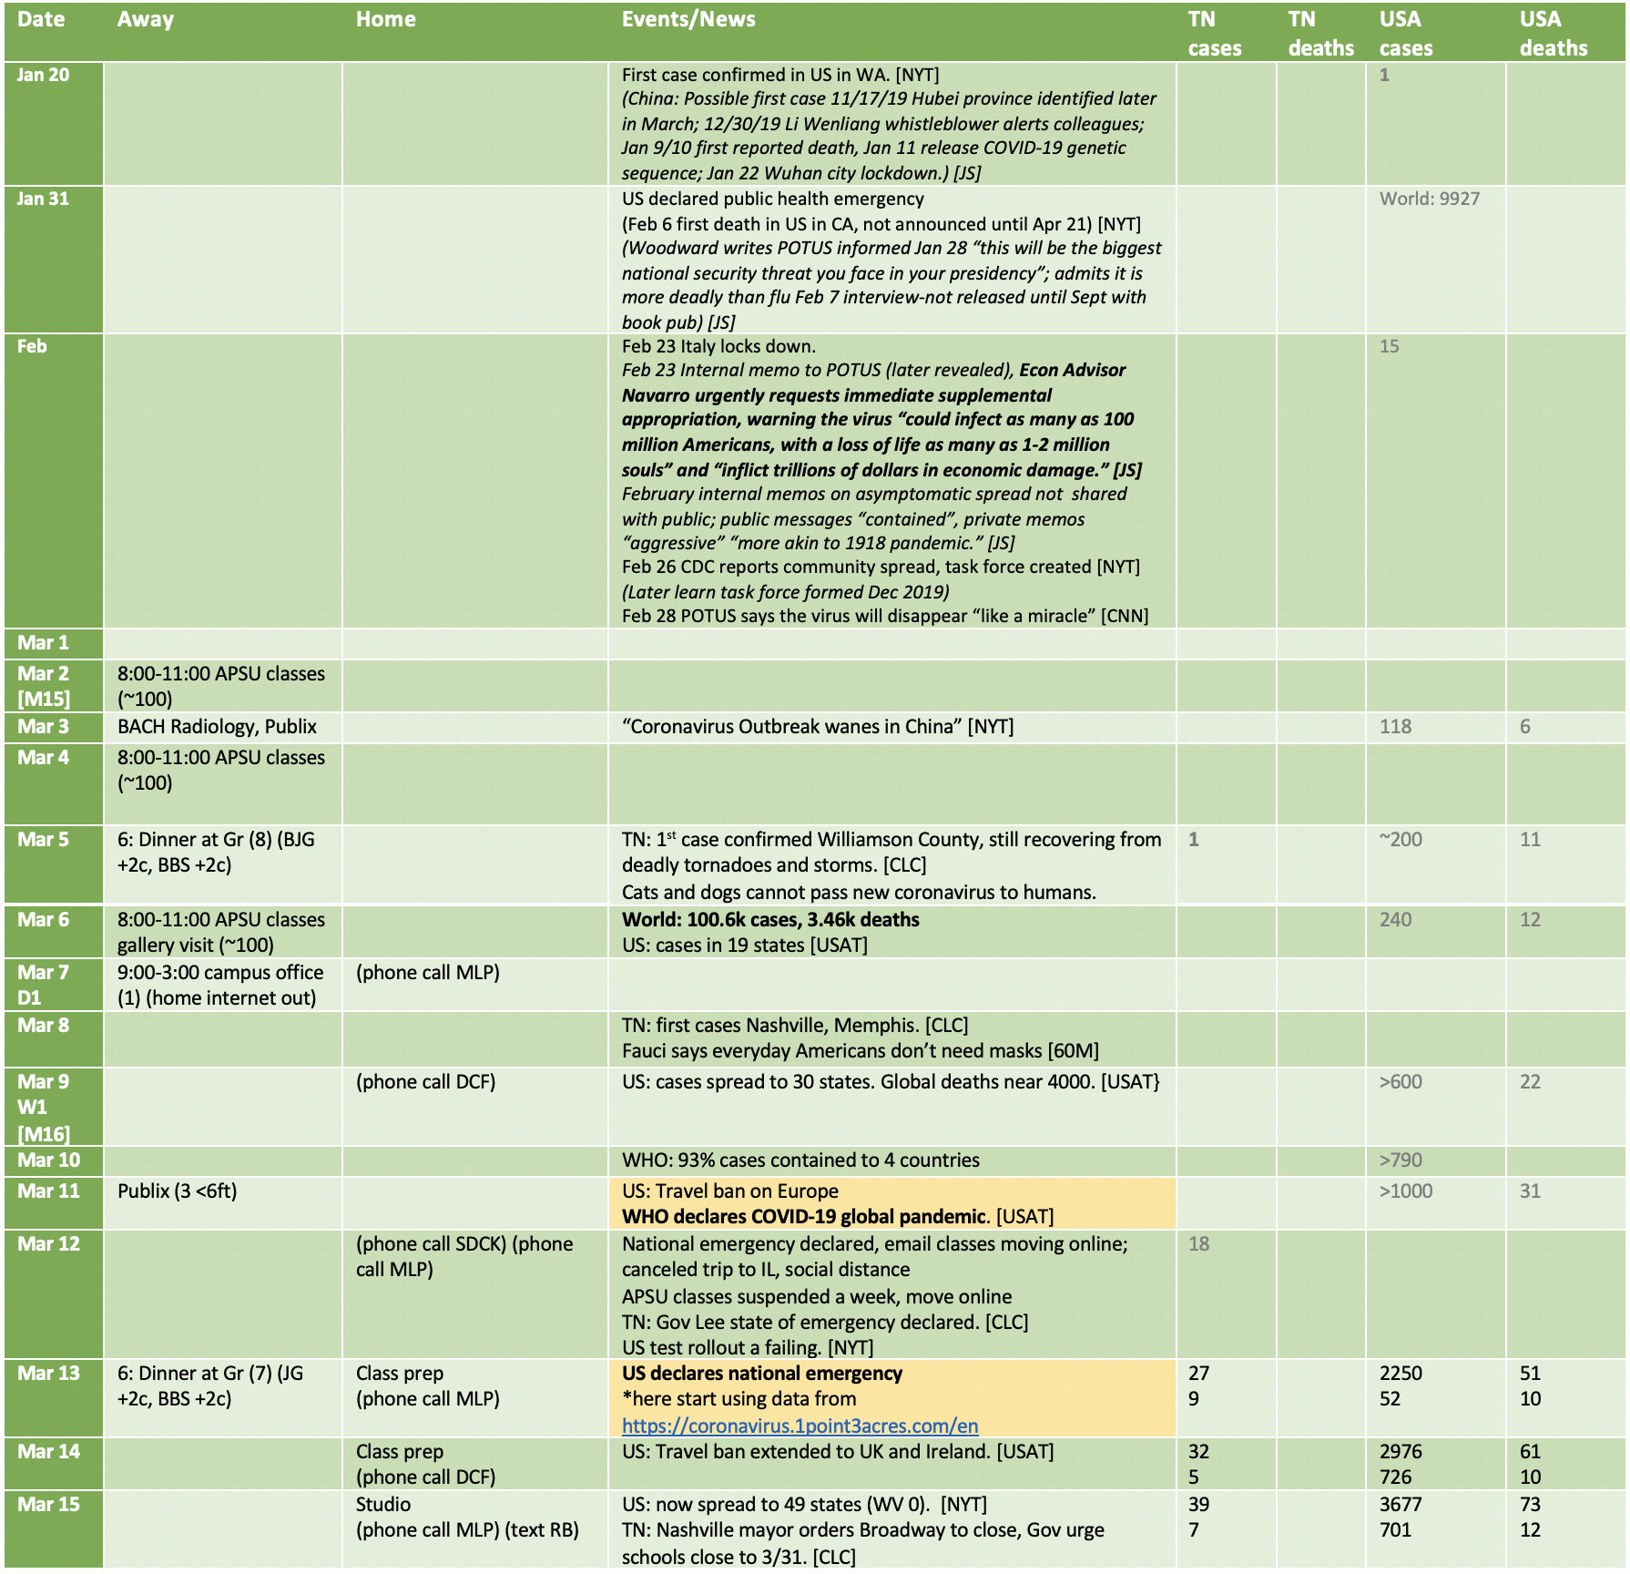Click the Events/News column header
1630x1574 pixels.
(x=688, y=19)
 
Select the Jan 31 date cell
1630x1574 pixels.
(x=43, y=199)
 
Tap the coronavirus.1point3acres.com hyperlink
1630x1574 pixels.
(x=800, y=1426)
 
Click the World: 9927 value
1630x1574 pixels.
(x=1429, y=199)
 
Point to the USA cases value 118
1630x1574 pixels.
(x=1395, y=727)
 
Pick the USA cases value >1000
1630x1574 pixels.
(x=1405, y=1191)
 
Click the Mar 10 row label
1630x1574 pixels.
(x=49, y=1160)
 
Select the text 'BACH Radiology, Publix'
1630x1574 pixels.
(x=217, y=727)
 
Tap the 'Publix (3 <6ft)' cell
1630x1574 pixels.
(x=177, y=1191)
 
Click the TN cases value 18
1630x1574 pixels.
(x=1198, y=1244)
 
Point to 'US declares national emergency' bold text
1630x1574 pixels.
(x=762, y=1374)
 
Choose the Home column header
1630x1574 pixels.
(x=385, y=19)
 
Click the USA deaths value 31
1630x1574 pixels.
(x=1530, y=1191)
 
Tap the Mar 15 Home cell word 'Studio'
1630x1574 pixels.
(x=383, y=1505)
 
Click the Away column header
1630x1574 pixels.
(x=146, y=19)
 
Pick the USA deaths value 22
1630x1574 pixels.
(x=1530, y=1082)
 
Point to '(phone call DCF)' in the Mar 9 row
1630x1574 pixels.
(x=425, y=1082)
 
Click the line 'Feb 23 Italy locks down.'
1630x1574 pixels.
(x=718, y=346)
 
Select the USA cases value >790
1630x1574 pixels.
(x=1401, y=1160)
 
